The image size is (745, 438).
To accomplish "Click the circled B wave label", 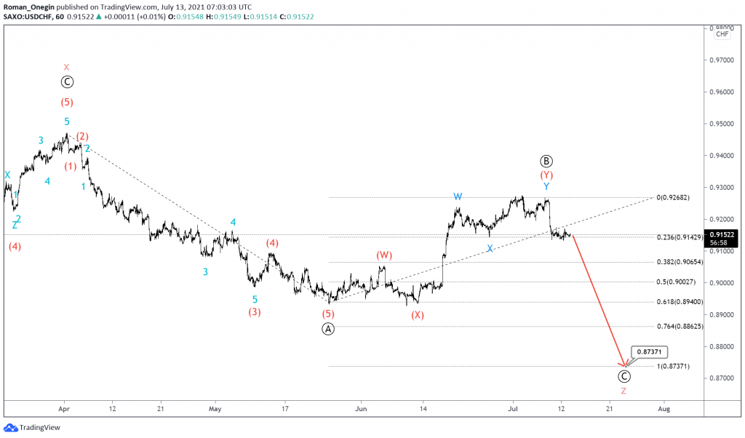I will point(546,161).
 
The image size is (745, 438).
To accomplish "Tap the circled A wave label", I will point(329,328).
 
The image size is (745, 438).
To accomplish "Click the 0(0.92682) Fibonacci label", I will point(672,197).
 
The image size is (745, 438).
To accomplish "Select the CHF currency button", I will point(722,34).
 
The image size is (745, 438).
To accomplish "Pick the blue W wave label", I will point(458,196).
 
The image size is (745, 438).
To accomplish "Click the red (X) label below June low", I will point(417,315).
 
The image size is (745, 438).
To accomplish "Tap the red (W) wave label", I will point(384,255).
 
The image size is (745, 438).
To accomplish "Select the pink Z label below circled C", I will point(624,391).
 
